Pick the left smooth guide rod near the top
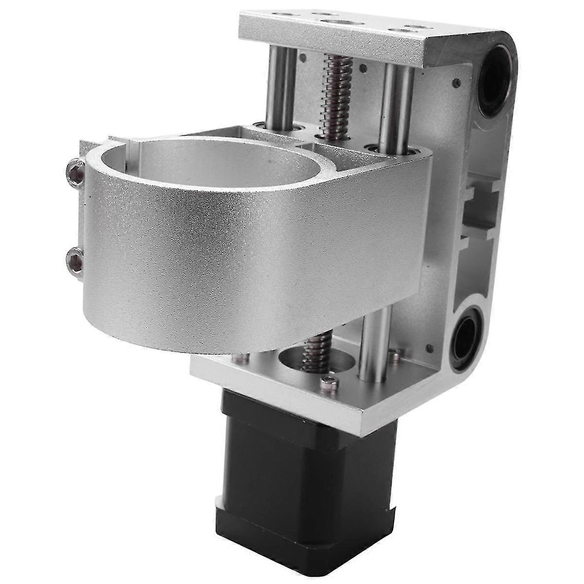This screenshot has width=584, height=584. pyautogui.click(x=281, y=88)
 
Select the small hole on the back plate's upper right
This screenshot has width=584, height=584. pyautogui.click(x=456, y=83)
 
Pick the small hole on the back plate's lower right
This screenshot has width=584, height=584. pyautogui.click(x=429, y=348)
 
